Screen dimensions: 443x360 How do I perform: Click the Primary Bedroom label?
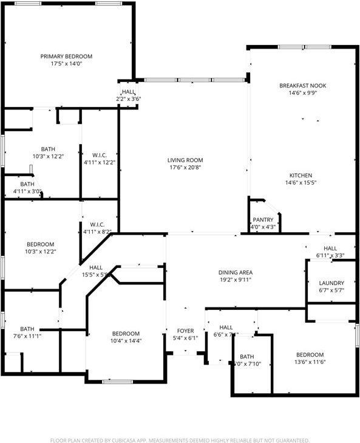coord(66,57)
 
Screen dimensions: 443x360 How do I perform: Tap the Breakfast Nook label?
coord(302,86)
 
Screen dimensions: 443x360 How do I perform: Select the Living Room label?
coord(185,160)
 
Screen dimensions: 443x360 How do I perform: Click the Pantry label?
coord(263,220)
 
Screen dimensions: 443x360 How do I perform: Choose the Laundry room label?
coord(331,283)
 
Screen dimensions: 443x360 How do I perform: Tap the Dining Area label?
coord(236,272)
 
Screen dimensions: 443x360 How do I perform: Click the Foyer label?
coord(185,331)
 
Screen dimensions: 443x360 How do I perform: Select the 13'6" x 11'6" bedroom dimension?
coord(310,363)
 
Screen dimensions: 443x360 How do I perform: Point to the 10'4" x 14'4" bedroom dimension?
coord(126,342)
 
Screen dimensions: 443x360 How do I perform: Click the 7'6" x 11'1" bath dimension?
coord(27,337)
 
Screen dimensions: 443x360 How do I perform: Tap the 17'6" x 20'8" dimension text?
coord(185,168)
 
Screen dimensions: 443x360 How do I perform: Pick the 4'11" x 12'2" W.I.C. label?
coord(100,162)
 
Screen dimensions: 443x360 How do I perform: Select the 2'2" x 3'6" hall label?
coord(128,98)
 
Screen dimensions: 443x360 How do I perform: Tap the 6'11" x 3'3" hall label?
coord(330,256)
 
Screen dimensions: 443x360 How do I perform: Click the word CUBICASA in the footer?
coord(127,440)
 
